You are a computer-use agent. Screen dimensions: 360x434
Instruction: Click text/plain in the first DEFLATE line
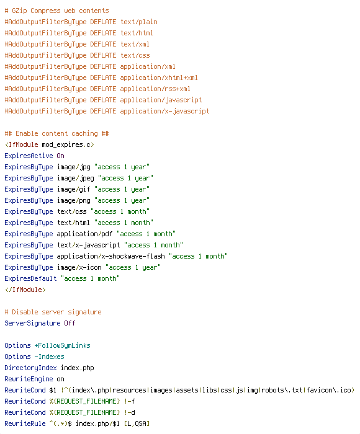tap(139, 22)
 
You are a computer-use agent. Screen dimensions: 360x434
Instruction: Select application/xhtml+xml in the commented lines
tap(159, 77)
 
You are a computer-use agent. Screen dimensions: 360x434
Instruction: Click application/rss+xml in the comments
tap(155, 89)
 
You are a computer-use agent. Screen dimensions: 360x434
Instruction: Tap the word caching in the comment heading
tap(84, 134)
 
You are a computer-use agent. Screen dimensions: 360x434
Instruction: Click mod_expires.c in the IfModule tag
tap(66, 144)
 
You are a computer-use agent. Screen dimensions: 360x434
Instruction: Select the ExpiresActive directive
tap(29, 156)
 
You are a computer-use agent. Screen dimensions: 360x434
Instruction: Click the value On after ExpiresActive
tap(60, 156)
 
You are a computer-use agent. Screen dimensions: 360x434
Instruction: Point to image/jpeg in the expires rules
tap(75, 179)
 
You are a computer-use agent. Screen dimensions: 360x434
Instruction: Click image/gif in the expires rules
tap(73, 189)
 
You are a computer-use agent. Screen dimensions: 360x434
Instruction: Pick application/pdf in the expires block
tap(84, 234)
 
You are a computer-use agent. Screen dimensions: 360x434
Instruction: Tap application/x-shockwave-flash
tap(110, 256)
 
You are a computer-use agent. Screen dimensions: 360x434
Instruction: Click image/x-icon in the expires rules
tap(79, 267)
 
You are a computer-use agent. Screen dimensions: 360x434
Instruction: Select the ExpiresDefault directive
tap(30, 278)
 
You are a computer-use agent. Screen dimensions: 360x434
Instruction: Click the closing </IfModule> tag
tap(25, 290)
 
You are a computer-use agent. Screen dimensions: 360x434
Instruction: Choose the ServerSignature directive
tap(32, 323)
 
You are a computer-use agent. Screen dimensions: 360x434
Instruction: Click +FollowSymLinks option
tap(62, 345)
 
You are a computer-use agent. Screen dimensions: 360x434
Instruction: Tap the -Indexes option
tap(49, 356)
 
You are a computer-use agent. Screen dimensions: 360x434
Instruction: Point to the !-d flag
tap(130, 412)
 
